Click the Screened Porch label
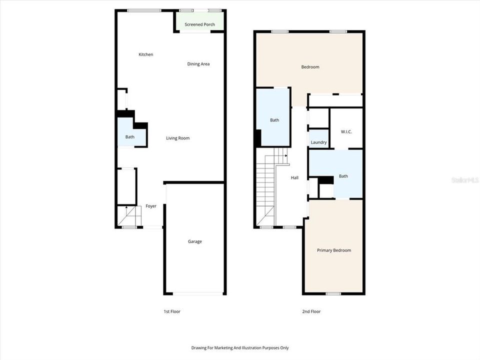coord(199,24)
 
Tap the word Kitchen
coord(146,54)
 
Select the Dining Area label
coord(198,64)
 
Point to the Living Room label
coord(177,138)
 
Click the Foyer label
coord(151,206)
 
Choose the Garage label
coord(194,241)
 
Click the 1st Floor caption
coord(171,311)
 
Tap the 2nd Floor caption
coord(311,311)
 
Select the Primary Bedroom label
coord(333,250)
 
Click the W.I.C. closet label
coord(346,132)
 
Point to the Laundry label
coord(318,142)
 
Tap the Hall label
coord(295,177)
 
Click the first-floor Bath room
coord(130,137)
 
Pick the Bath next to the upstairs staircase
coord(274,120)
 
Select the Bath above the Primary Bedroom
coord(343,176)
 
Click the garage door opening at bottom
coord(194,294)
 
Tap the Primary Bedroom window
coord(333,294)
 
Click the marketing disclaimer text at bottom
coord(239,348)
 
